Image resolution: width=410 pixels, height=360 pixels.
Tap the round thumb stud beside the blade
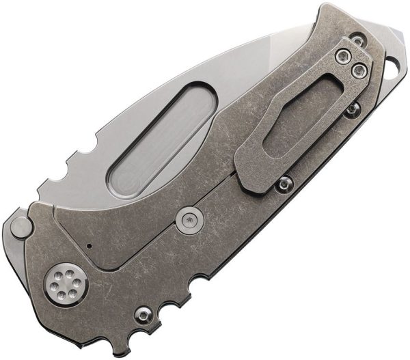[23, 225]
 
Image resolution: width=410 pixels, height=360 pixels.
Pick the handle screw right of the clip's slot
[351, 109]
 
